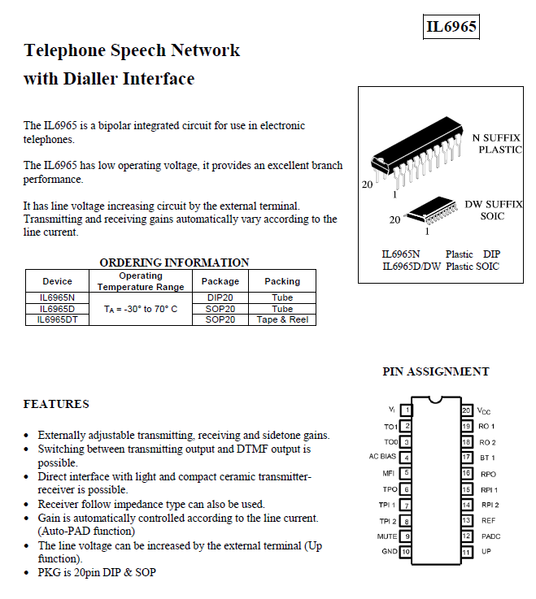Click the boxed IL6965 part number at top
click(451, 27)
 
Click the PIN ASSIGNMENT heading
click(436, 371)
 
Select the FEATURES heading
click(56, 404)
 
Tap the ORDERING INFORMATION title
click(174, 263)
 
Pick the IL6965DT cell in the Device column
click(58, 319)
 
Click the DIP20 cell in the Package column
click(220, 297)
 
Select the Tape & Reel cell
click(282, 319)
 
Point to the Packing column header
click(282, 281)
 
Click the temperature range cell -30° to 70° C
click(141, 309)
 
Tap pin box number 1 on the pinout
click(406, 410)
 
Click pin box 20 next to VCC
click(466, 410)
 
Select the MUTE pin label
click(387, 536)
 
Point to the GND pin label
click(390, 551)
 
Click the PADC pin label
click(491, 536)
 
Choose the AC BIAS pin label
click(382, 457)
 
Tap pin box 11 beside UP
click(466, 552)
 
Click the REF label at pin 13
click(488, 520)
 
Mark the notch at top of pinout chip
click(436, 400)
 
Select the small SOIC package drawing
click(431, 211)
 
